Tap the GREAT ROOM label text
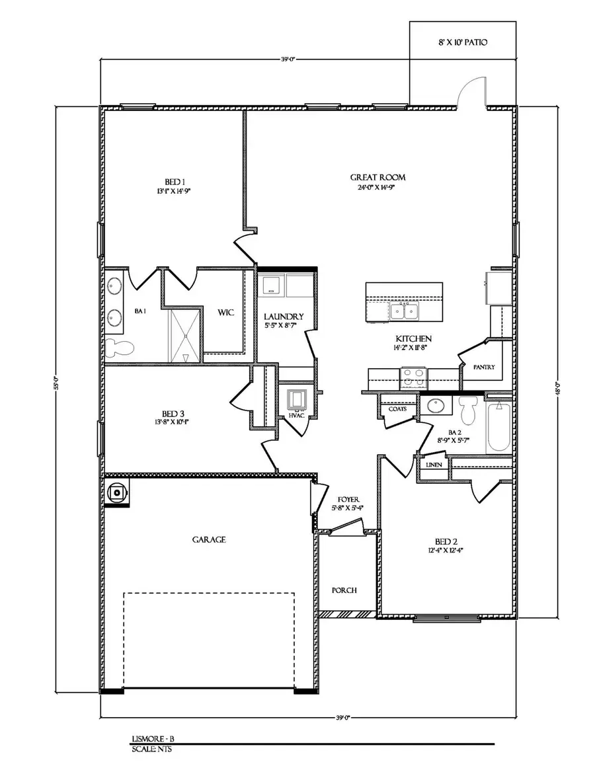(377, 177)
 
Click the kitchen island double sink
(404, 311)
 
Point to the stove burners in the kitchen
(414, 377)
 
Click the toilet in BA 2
(468, 410)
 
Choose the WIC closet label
(226, 313)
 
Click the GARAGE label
(209, 539)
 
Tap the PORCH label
(344, 590)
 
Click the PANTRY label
(484, 367)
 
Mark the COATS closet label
(397, 409)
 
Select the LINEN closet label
(434, 465)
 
